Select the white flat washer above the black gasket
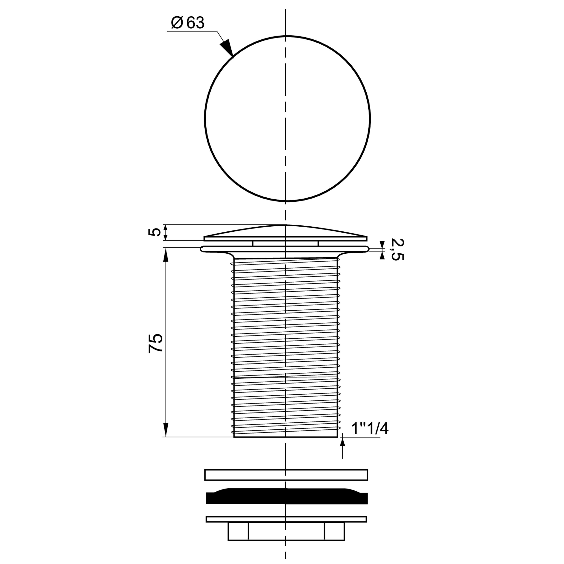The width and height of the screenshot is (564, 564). [x=286, y=475]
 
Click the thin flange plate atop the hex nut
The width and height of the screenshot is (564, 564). [x=286, y=519]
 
